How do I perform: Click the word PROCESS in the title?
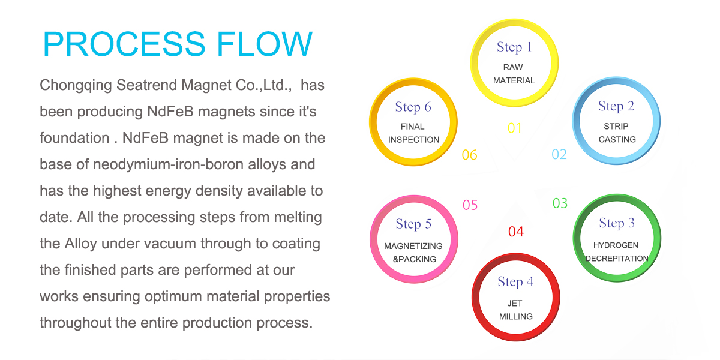coord(124,44)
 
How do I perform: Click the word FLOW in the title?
coord(264,44)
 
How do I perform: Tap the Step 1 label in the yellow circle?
coord(514,47)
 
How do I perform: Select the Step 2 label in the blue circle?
coord(616,106)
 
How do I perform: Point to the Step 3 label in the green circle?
coord(617,223)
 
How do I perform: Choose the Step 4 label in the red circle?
coord(515,282)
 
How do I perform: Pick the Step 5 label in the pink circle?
coord(413,224)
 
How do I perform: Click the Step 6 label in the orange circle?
coord(413,107)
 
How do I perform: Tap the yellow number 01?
coord(515,128)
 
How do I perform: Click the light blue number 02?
coord(559,154)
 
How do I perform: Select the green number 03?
coord(560,203)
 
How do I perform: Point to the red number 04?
coord(516,232)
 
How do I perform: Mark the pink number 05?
coord(470,205)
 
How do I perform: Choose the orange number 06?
coord(469,155)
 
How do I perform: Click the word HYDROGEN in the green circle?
coord(616,245)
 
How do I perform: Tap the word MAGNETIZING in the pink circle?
coord(413,246)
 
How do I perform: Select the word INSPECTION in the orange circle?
coord(413,139)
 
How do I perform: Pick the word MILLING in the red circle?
coord(515,316)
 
